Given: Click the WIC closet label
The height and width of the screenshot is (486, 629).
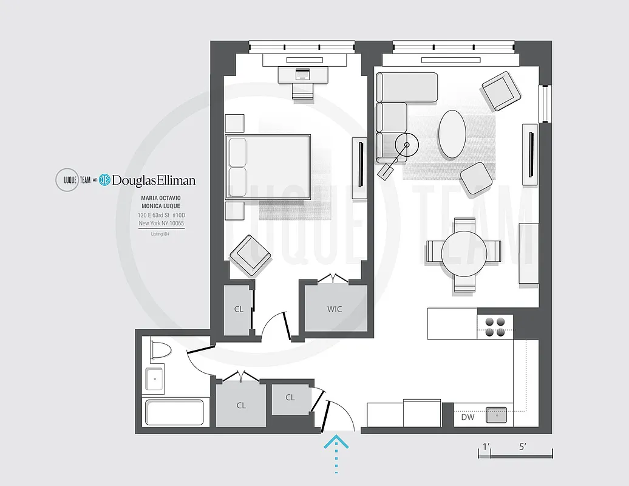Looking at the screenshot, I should [x=335, y=309].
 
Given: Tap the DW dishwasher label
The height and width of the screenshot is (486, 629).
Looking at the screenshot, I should [x=467, y=417].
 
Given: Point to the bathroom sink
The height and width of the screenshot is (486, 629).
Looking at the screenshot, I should [x=154, y=380].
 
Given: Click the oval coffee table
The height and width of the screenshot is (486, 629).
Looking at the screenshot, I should [x=452, y=134].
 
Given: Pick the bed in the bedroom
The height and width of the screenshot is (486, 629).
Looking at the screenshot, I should [x=268, y=167].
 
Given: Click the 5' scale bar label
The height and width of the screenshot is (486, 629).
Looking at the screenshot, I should [x=523, y=446].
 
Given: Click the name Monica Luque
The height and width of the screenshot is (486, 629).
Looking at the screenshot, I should [x=161, y=207].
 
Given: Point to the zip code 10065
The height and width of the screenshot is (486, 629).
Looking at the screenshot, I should [x=175, y=224].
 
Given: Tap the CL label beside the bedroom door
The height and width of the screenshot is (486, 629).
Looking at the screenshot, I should [x=239, y=309].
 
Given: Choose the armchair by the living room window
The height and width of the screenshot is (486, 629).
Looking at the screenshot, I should [x=501, y=91].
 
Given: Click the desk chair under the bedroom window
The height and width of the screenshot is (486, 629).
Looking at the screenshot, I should [x=302, y=90].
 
